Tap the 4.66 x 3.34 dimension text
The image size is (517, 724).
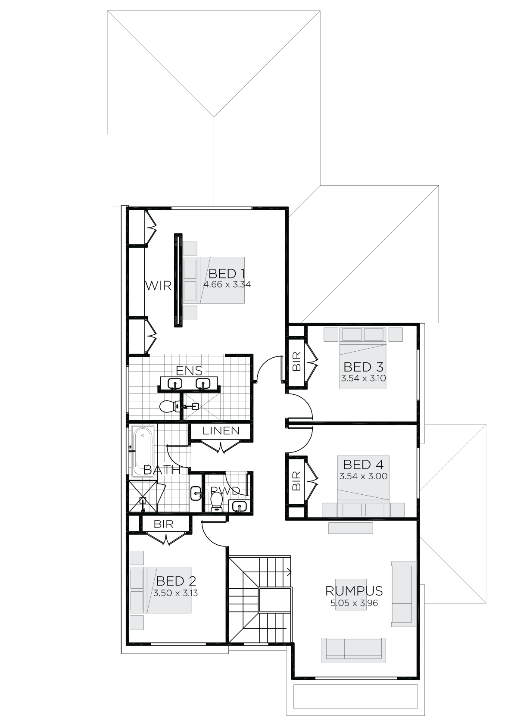pyautogui.click(x=227, y=284)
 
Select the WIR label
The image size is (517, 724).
pyautogui.click(x=158, y=286)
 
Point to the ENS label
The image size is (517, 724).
pyautogui.click(x=189, y=370)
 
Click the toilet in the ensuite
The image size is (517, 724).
pyautogui.click(x=170, y=406)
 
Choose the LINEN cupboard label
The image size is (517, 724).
pyautogui.click(x=221, y=431)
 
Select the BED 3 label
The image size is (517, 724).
pyautogui.click(x=363, y=367)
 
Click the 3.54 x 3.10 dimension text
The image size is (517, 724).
pyautogui.click(x=363, y=378)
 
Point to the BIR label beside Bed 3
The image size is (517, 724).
pyautogui.click(x=296, y=361)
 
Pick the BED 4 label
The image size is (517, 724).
pyautogui.click(x=363, y=465)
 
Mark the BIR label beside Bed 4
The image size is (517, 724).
pyautogui.click(x=296, y=481)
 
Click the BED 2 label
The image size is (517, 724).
pyautogui.click(x=176, y=581)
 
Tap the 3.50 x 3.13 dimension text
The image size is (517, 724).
pyautogui.click(x=175, y=593)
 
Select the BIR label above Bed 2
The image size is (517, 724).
pyautogui.click(x=164, y=524)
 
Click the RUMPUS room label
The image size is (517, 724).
pyautogui.click(x=354, y=591)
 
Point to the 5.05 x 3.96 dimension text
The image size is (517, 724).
pyautogui.click(x=354, y=603)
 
